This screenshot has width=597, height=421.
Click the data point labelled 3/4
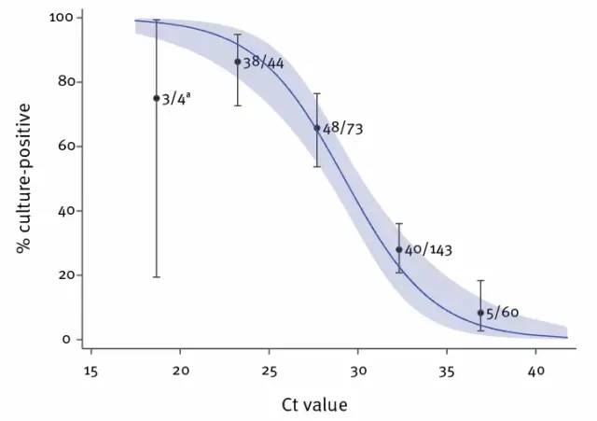click(157, 98)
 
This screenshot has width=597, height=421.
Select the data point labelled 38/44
click(237, 62)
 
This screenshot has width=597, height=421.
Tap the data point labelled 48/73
click(317, 128)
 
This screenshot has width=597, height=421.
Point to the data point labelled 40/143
click(398, 249)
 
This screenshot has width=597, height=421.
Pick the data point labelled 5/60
click(480, 313)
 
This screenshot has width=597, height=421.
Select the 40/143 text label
click(429, 250)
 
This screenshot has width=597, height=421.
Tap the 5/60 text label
click(503, 314)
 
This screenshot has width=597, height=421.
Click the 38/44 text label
click(263, 63)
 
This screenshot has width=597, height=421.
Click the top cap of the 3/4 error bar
click(157, 20)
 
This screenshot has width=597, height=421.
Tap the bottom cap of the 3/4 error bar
click(157, 277)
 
